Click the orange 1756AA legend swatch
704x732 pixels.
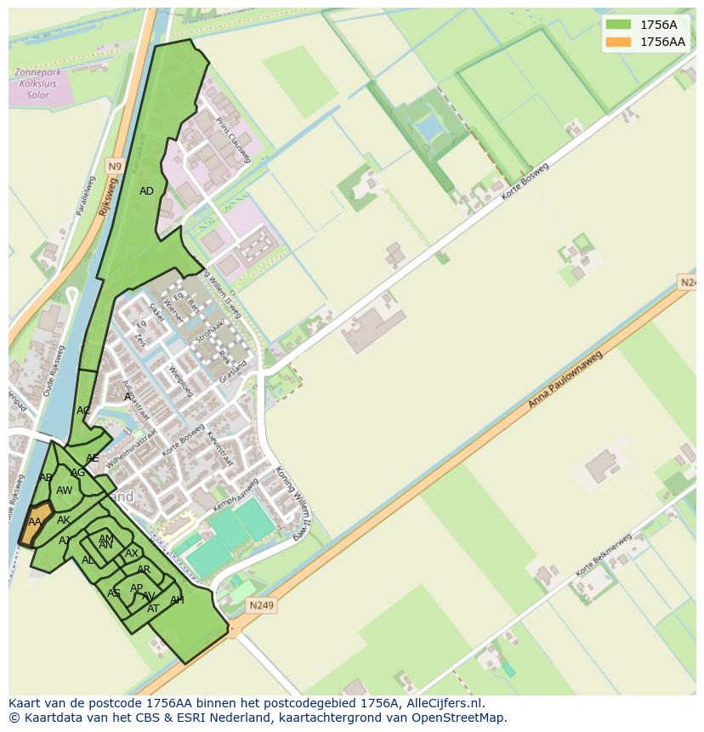(x=619, y=42)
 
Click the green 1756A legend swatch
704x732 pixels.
(x=619, y=25)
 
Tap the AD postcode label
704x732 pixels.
(x=146, y=191)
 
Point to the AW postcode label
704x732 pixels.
(x=65, y=491)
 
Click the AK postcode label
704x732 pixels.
(x=64, y=520)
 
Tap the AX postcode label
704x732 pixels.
(x=132, y=553)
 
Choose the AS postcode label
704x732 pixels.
(x=113, y=593)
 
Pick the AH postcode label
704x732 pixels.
(x=177, y=600)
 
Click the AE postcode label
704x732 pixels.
(x=92, y=458)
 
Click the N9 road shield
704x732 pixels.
(x=115, y=165)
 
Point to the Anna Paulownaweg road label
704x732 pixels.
(x=565, y=379)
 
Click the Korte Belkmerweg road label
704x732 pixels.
(x=604, y=555)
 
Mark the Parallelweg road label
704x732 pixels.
(x=86, y=196)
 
